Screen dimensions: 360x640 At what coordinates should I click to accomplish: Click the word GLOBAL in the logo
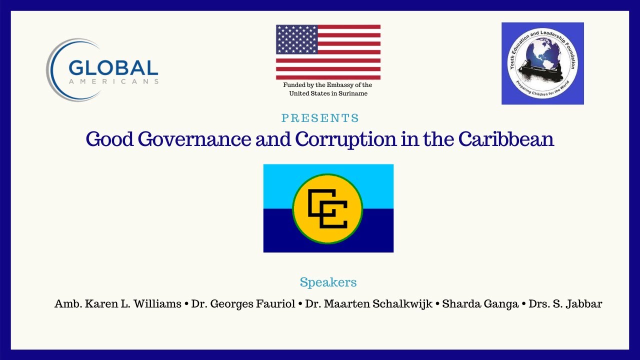113,68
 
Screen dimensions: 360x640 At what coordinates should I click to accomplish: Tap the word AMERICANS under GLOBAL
113,81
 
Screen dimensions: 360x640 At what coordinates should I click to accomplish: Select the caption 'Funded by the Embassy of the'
327,85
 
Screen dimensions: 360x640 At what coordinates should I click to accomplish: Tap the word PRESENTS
320,118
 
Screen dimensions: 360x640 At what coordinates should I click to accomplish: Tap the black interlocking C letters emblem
327,209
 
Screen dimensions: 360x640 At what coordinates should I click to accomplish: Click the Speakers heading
328,282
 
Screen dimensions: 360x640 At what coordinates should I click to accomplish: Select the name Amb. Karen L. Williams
118,303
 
